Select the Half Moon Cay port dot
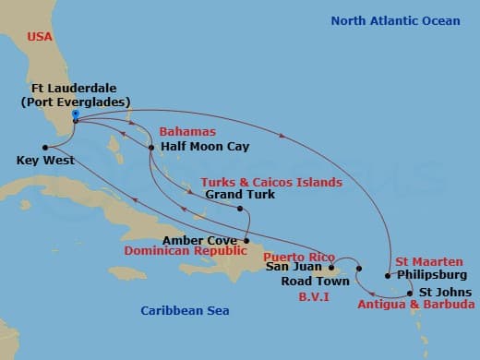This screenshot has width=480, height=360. click(x=151, y=148)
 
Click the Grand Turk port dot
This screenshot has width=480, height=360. click(x=239, y=209)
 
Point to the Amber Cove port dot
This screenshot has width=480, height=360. click(x=246, y=241)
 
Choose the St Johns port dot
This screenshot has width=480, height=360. click(x=411, y=292)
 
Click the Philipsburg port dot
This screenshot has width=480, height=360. click(x=388, y=275)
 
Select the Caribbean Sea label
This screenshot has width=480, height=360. click(x=185, y=310)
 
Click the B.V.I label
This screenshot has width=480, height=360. click(x=314, y=298)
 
